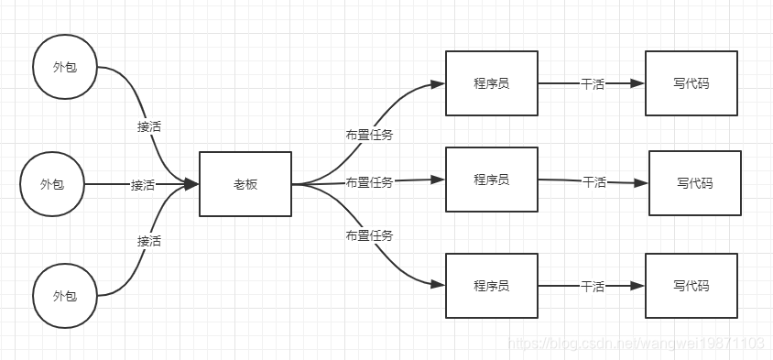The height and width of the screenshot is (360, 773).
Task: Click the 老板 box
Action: coord(245,184)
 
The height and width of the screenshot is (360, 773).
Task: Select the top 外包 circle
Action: coord(64,69)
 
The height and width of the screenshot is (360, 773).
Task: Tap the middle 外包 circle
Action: coord(52,184)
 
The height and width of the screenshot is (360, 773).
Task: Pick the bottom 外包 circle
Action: coord(64,295)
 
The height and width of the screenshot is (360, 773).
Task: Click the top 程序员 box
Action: coord(491,83)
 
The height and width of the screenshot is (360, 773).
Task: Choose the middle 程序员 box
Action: coord(491,179)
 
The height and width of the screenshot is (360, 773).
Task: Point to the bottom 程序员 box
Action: coord(491,286)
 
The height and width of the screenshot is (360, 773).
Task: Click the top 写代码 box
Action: coord(691,83)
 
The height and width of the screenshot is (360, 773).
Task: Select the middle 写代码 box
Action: coord(694,183)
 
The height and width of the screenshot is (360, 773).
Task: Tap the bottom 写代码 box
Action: coord(691,286)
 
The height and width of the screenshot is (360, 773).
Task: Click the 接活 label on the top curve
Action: coord(149,127)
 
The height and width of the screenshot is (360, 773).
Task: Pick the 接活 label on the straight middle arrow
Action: coord(143,185)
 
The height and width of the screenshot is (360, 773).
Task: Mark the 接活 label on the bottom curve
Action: coord(149,241)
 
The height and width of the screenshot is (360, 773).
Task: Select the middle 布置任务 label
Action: coord(369,182)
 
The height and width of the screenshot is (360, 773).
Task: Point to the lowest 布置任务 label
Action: coord(369,235)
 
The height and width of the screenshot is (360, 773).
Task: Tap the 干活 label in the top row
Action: coord(593,83)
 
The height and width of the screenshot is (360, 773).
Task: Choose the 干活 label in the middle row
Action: coord(594,181)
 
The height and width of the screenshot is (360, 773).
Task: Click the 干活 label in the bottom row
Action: coord(593,287)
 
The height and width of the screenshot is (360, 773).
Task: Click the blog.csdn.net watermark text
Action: coord(636,344)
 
